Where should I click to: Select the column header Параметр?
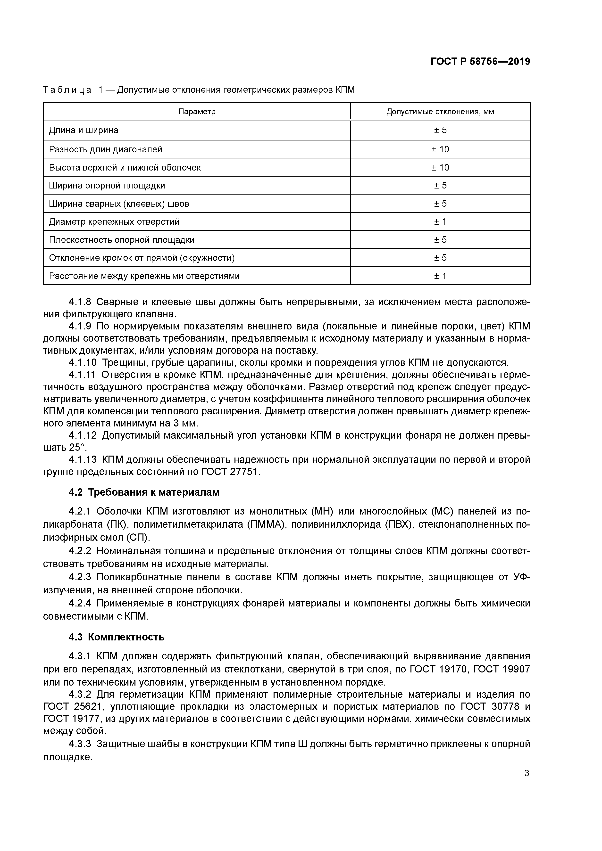[x=197, y=112]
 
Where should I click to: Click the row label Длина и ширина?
[x=84, y=131]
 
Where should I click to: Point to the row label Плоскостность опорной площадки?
[x=122, y=240]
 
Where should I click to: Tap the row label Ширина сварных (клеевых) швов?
[x=119, y=204]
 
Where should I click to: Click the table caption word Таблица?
[x=67, y=90]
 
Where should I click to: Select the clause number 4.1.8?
[x=80, y=302]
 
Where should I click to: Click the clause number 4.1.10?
[x=82, y=362]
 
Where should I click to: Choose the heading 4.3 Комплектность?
[x=117, y=637]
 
